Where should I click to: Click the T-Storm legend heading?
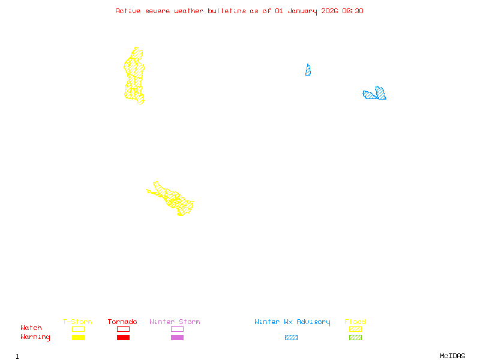coord(77,322)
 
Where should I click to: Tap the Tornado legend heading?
coord(122,322)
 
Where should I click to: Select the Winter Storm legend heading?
coord(175,322)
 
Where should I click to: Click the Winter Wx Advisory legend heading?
coord(292,322)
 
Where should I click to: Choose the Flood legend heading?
coord(355,322)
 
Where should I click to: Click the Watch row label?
coord(31,328)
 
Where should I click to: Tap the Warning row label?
coord(35,337)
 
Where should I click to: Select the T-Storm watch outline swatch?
coord(78,329)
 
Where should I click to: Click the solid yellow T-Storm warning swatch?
coord(78,338)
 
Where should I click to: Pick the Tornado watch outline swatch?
coord(123,329)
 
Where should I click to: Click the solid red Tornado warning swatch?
coord(123,338)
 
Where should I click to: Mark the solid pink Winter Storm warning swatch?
coord(177,338)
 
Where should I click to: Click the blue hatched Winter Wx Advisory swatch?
coord(291,338)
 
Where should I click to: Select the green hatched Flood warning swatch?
coord(355,338)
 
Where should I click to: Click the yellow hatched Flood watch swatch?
coord(355,329)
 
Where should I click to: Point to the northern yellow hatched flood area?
coord(134,75)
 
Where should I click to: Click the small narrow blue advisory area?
coord(308,71)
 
